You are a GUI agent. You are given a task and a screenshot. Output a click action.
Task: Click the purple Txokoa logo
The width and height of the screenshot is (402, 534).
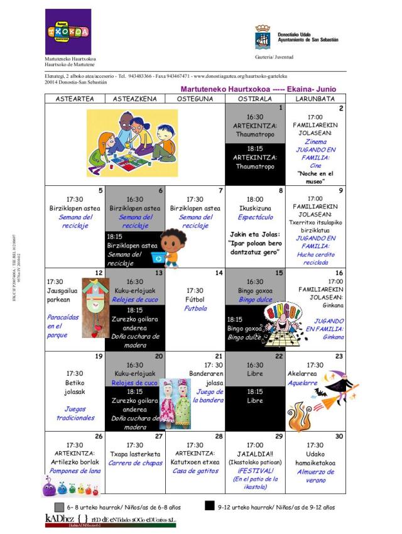[68, 31]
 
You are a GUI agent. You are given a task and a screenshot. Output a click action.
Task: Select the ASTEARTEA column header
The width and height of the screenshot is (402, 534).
[75, 99]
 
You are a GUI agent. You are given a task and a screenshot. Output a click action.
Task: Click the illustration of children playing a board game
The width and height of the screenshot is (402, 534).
[132, 143]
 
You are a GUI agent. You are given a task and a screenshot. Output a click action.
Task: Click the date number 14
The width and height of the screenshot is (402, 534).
[219, 273]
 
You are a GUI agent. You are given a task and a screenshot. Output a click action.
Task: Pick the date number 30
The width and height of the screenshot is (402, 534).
[339, 436]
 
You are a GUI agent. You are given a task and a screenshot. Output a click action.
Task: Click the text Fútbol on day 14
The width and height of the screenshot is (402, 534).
[195, 300]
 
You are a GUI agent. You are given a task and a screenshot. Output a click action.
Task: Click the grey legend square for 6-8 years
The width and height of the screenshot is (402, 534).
[60, 506]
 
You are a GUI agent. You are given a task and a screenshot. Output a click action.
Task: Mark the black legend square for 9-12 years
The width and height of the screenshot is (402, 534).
[210, 506]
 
